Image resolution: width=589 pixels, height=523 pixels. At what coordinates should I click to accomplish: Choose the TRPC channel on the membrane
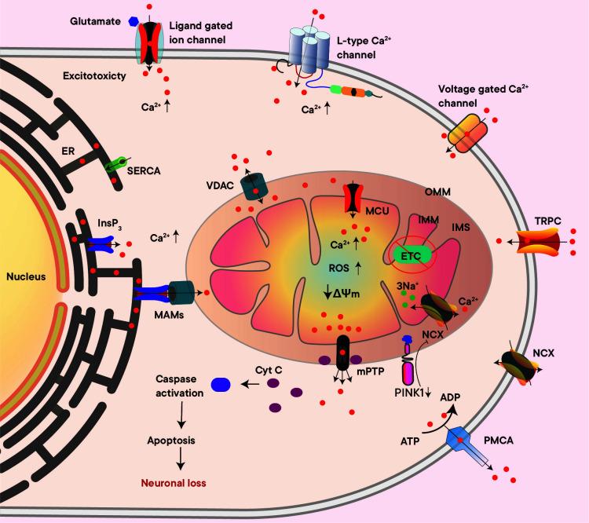click(541, 241)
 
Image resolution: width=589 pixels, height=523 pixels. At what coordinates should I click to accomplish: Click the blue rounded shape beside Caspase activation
click(221, 385)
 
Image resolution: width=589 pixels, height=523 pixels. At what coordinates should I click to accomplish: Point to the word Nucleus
click(24, 277)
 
